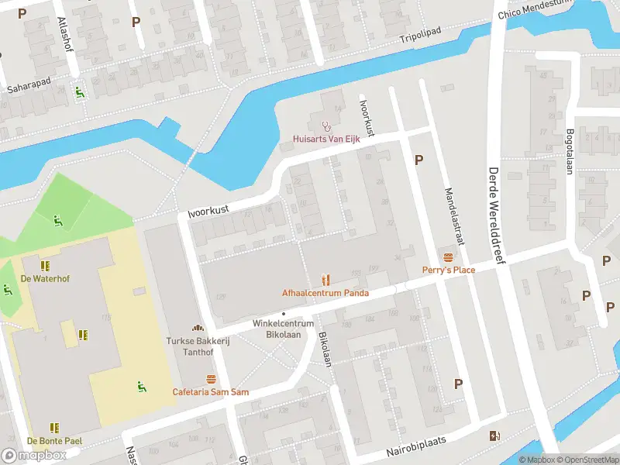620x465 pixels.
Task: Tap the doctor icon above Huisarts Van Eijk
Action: click(x=325, y=126)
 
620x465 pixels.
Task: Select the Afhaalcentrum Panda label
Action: click(x=325, y=293)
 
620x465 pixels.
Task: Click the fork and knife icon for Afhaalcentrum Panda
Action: click(x=325, y=280)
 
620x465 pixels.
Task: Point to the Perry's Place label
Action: click(x=448, y=270)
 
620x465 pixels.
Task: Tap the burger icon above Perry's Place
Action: click(x=448, y=257)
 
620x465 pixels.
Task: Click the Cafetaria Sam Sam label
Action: click(x=211, y=392)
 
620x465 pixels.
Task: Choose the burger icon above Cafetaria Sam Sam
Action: click(x=211, y=379)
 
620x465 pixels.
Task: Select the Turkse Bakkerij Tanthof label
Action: click(x=197, y=346)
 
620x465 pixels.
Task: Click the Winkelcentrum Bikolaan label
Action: click(x=283, y=328)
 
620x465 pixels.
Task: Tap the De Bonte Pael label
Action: click(x=53, y=440)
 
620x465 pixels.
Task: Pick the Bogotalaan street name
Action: click(x=570, y=151)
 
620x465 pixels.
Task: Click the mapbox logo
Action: click(x=34, y=455)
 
